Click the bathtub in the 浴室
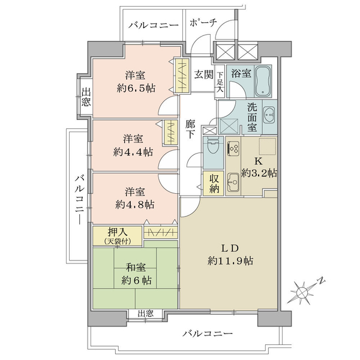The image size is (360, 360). click(263, 81)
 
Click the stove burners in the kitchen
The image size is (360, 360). click(233, 148)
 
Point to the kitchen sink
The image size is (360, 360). click(233, 182)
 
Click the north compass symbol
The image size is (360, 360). click(301, 293)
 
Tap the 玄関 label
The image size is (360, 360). click(204, 74)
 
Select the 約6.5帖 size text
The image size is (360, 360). click(136, 88)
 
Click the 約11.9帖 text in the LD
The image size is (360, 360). click(230, 261)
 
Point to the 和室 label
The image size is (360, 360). click(136, 267)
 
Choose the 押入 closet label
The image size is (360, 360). click(118, 233)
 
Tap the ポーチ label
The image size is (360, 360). click(203, 23)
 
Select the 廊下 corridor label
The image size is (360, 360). click(190, 130)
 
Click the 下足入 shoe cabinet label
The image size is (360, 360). click(220, 82)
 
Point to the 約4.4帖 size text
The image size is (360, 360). click(133, 152)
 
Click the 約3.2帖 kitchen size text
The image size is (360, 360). click(259, 173)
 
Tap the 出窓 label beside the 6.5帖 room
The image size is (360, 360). click(86, 98)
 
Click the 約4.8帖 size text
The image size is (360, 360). click(135, 204)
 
